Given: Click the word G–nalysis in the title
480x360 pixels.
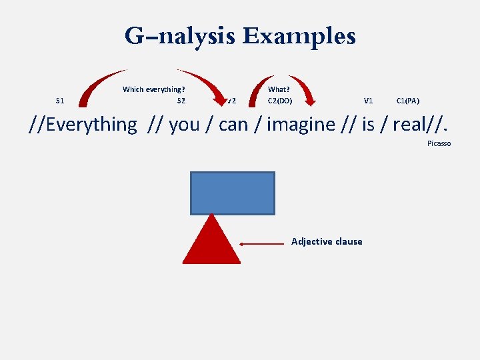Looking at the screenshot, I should click(x=181, y=36).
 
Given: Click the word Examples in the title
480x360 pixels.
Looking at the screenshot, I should click(x=299, y=36).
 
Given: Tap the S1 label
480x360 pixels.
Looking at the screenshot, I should click(x=60, y=101).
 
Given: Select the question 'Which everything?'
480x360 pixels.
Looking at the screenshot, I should click(x=153, y=89).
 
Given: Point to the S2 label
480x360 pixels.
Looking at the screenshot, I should click(x=181, y=101).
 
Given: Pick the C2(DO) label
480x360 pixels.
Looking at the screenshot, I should click(x=280, y=101).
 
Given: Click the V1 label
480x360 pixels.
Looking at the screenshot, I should click(x=368, y=101).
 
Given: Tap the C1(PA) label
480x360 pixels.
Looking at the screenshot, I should click(x=407, y=101).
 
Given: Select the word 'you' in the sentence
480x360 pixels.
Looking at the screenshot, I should click(x=184, y=125).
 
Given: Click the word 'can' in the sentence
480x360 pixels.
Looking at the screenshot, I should click(x=233, y=125).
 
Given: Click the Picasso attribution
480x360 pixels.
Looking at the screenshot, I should click(x=439, y=143).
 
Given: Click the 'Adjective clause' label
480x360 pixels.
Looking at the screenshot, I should click(x=327, y=241).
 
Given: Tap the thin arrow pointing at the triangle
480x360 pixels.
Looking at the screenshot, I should click(x=263, y=245).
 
